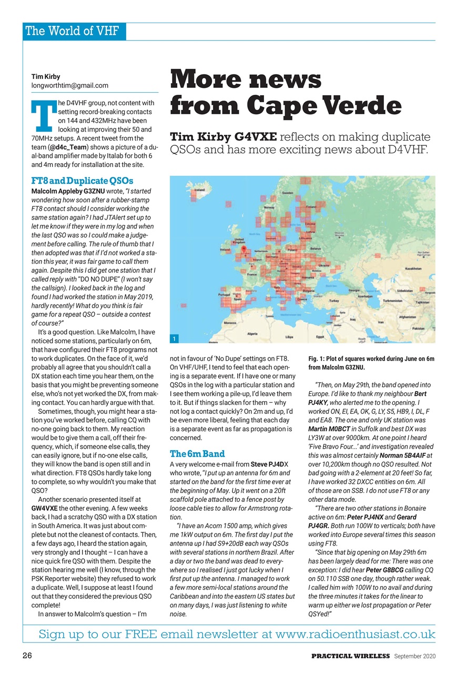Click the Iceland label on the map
[x=200, y=190]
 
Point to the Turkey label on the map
[x=334, y=301]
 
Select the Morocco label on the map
[x=230, y=322]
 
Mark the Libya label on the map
[x=289, y=336]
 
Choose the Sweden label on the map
[x=287, y=193]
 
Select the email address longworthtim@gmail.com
[x=70, y=85]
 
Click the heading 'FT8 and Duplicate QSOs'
[x=83, y=181]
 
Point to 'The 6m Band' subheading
[x=197, y=454]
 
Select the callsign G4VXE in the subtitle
[x=258, y=137]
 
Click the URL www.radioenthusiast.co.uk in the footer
[x=355, y=634]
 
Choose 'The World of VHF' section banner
[x=74, y=31]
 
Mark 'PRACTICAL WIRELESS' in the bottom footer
[x=350, y=657]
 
